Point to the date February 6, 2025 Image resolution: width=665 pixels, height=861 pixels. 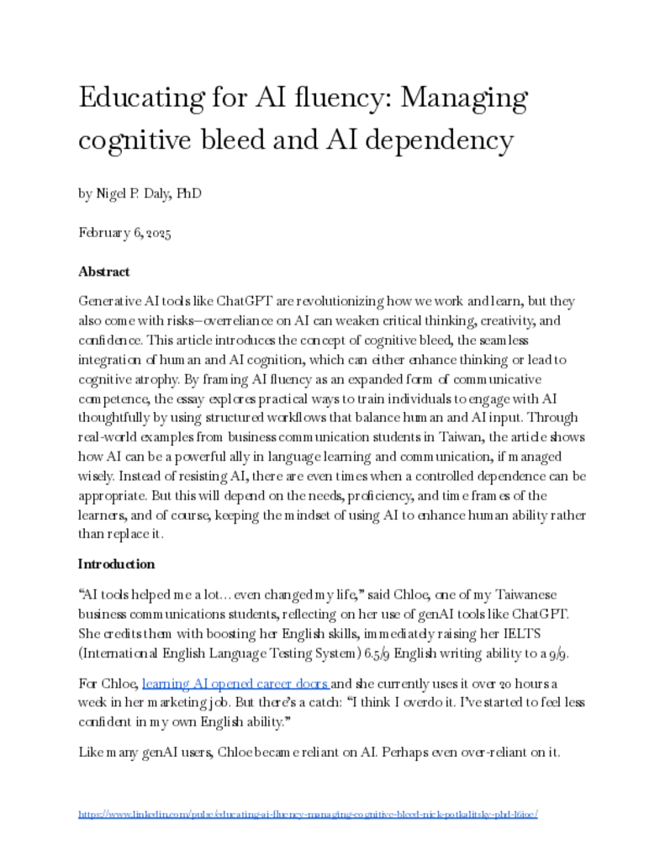[124, 233]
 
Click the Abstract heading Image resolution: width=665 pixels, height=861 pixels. [104, 272]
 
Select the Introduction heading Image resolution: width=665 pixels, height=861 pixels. [116, 563]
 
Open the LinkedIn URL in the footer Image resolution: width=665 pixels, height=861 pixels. [308, 814]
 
